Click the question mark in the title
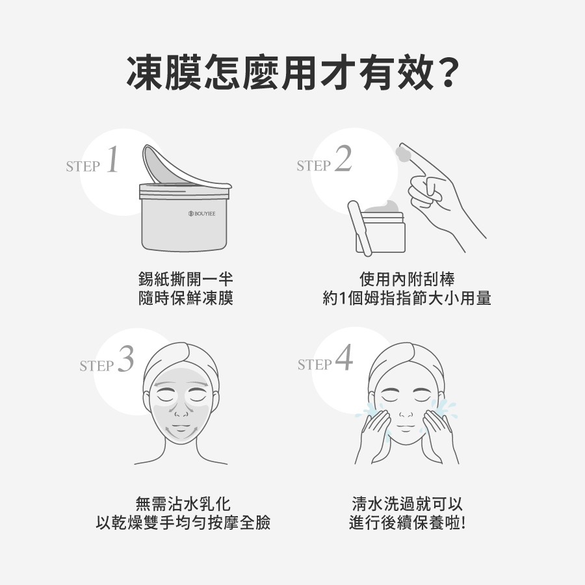point(447,73)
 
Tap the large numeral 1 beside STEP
point(112,159)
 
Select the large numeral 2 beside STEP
point(343,159)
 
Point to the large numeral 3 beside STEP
point(125,359)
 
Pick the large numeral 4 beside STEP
point(344,357)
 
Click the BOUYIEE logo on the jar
point(202,213)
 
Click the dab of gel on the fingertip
point(402,153)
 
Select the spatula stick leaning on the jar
point(359,228)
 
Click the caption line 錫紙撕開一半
point(185,279)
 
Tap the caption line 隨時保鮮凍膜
point(185,298)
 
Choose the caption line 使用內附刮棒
point(407,279)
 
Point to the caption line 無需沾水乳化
point(183,504)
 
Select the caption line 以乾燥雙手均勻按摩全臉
point(183,523)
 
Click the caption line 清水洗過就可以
point(407,504)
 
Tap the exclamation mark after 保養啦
point(463,523)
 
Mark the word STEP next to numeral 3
point(96,366)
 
